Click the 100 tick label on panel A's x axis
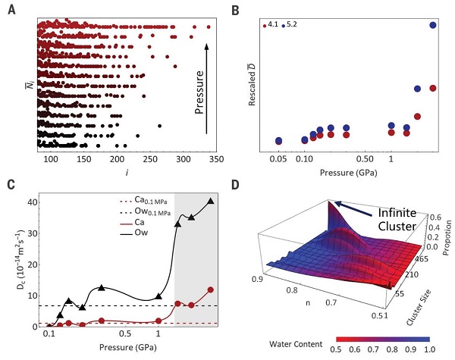(51, 161)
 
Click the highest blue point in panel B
(433, 25)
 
